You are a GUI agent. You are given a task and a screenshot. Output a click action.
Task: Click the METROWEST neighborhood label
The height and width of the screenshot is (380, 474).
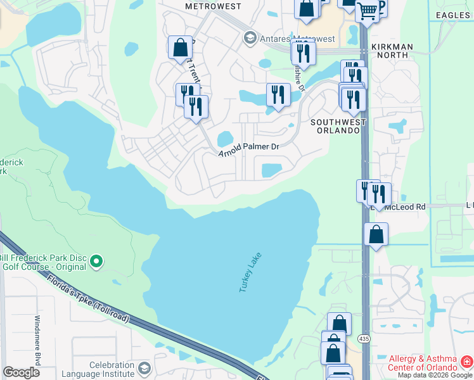point(213,6)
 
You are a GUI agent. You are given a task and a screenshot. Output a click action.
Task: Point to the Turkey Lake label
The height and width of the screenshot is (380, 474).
point(250,272)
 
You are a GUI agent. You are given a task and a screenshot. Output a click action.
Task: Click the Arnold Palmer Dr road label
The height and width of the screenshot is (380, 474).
point(248,150)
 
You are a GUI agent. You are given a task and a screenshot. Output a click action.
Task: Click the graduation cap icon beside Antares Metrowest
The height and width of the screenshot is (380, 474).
point(250,39)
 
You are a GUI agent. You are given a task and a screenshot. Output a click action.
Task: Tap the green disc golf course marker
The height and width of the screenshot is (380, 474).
point(96,260)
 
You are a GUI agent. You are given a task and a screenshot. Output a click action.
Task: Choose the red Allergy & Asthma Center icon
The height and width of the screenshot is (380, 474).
point(466,362)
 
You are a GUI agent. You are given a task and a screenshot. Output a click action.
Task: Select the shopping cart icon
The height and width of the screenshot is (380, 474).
point(367,10)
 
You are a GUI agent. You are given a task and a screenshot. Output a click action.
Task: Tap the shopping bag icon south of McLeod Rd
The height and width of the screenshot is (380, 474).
point(376,234)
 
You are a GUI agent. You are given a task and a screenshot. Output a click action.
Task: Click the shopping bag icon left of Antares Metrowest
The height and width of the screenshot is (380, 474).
point(180,47)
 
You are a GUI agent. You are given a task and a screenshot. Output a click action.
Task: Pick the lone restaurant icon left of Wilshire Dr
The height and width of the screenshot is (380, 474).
point(278,95)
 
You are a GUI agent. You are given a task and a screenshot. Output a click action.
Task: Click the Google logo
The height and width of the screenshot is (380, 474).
point(21,373)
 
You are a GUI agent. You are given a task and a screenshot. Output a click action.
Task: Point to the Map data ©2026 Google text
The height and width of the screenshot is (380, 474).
point(435,375)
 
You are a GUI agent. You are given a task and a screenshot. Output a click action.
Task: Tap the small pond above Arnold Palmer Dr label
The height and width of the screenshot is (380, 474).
point(226,138)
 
